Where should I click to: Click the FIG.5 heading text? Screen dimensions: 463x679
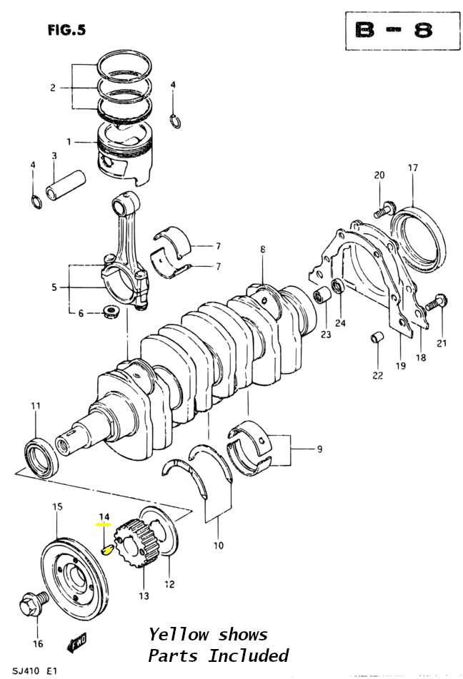click(x=67, y=30)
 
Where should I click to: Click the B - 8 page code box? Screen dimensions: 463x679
click(x=402, y=31)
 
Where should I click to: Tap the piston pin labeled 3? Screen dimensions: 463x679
click(x=66, y=185)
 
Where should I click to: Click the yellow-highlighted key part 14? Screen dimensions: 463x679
click(x=106, y=549)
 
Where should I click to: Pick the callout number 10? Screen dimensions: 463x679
click(x=218, y=545)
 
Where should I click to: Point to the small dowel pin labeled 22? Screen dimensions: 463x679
click(x=377, y=337)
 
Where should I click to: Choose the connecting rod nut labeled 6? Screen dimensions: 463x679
click(x=111, y=312)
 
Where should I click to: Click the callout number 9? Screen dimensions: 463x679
click(x=319, y=449)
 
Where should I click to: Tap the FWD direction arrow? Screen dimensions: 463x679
click(x=76, y=642)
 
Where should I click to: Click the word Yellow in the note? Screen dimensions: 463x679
click(x=179, y=635)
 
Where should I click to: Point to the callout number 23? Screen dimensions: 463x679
click(x=325, y=335)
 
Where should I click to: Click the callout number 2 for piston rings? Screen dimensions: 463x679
click(x=52, y=88)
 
